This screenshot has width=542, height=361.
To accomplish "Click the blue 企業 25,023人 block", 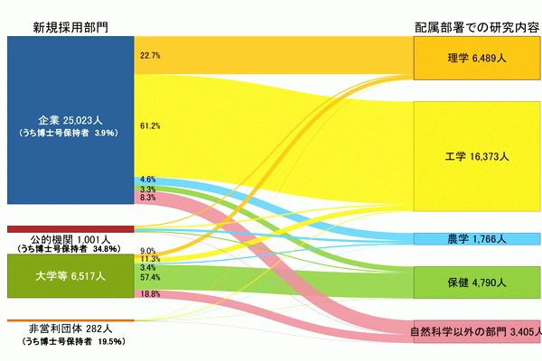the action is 70,120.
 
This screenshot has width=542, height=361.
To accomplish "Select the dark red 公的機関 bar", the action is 70,229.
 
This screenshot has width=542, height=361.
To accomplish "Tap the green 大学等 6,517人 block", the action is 70,276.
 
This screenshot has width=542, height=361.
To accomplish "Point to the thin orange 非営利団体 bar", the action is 70,320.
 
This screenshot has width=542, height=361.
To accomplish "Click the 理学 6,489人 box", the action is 477,58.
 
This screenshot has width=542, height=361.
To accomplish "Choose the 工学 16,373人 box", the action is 477,156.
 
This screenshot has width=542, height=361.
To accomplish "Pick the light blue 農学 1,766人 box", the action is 477,239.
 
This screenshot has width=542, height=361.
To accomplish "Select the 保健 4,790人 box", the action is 477,282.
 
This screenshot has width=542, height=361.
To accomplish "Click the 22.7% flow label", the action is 150,56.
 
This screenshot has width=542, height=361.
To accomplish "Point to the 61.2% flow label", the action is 150,126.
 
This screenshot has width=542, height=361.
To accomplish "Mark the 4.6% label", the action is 148,180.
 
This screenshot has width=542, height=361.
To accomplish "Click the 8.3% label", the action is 148,198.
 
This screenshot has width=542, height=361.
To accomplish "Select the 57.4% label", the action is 150,277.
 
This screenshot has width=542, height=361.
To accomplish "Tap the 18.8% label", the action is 150,294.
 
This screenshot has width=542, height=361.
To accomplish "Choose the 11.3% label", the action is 150,259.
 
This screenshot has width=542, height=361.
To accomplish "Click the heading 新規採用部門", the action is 70,27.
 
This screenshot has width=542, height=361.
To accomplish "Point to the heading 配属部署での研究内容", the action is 477,28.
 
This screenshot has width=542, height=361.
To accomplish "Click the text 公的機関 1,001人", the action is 70,239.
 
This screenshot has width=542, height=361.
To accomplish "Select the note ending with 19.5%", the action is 74,342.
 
